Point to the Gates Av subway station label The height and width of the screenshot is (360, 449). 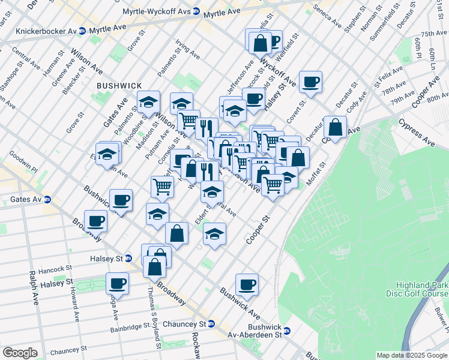(25, 199)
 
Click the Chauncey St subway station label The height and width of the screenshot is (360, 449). (185, 323)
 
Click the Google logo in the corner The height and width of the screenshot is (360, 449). (20, 353)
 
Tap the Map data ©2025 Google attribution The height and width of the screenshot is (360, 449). (411, 355)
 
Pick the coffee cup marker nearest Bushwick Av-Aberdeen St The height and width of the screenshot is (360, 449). (247, 284)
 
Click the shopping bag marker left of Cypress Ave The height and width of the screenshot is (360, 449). (335, 127)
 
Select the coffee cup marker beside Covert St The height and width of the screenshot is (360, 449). (310, 82)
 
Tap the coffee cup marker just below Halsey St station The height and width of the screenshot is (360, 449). (118, 283)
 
